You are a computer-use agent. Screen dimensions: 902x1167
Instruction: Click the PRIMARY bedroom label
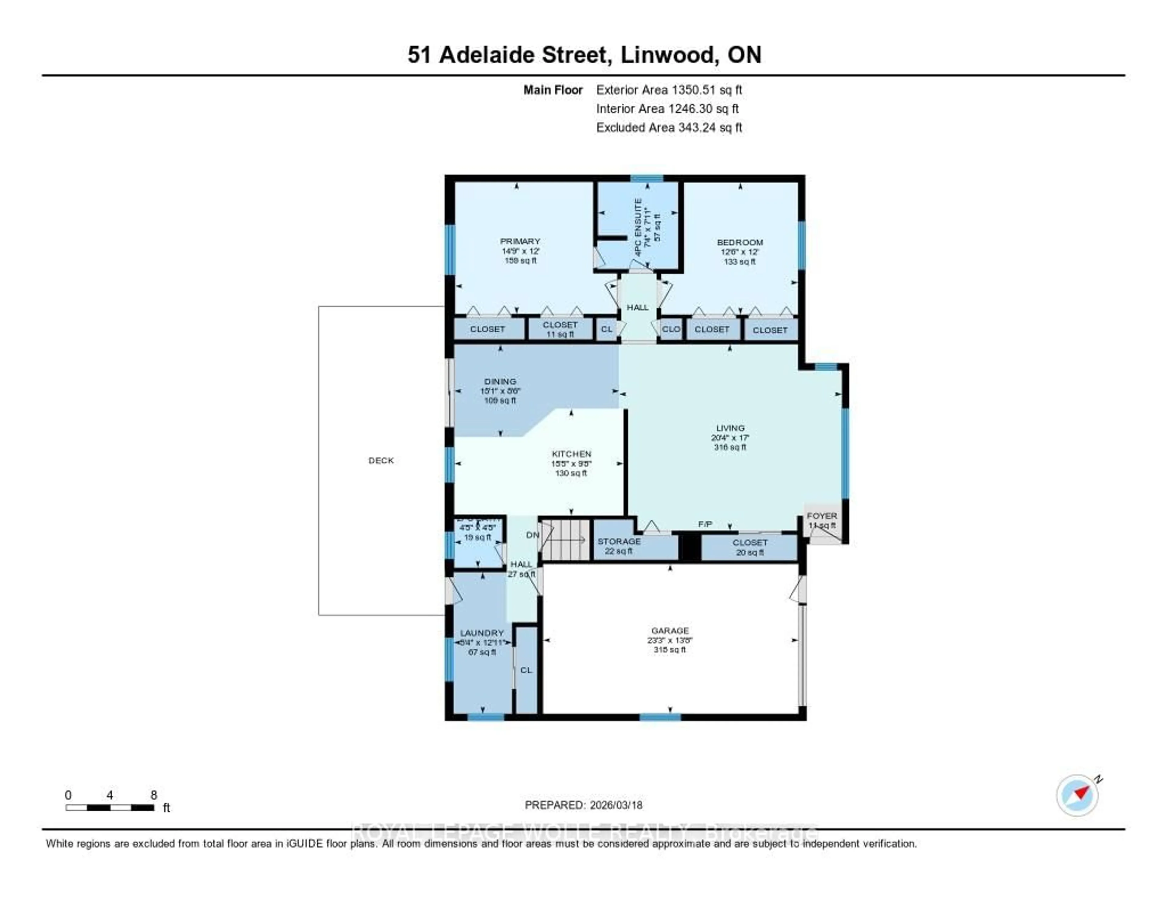(520, 241)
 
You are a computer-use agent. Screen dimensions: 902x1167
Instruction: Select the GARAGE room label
(670, 630)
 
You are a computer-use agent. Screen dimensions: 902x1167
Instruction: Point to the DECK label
(381, 460)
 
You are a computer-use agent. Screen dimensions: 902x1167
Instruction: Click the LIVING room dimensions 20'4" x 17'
(730, 437)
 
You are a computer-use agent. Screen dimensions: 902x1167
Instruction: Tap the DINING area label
(500, 381)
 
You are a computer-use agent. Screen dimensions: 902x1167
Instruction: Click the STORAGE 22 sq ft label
(619, 546)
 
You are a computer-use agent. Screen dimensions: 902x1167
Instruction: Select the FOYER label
(822, 516)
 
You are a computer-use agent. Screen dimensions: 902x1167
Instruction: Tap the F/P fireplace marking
(705, 525)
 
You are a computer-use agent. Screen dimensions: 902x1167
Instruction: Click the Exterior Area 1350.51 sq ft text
(669, 90)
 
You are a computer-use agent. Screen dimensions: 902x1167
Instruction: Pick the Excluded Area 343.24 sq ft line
(669, 127)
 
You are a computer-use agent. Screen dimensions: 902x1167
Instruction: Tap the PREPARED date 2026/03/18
(583, 805)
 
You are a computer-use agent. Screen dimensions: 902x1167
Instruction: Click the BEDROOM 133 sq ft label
(739, 252)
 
